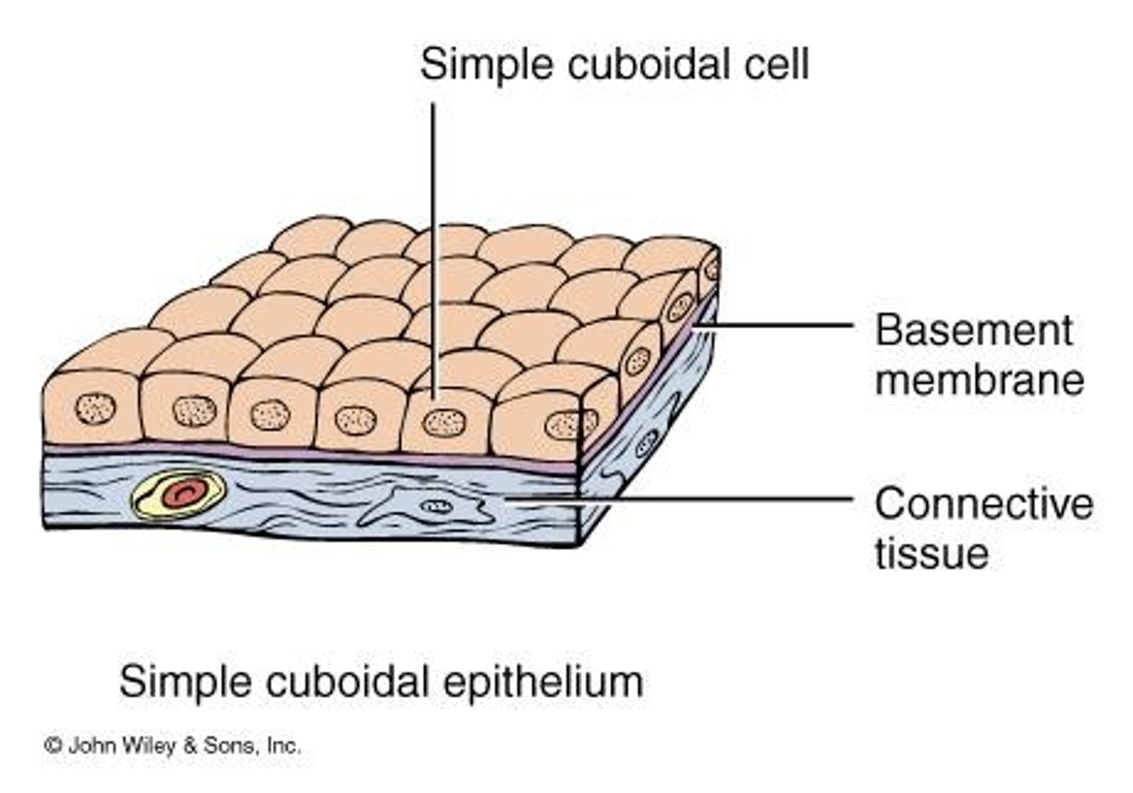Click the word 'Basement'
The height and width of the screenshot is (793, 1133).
pyautogui.click(x=973, y=330)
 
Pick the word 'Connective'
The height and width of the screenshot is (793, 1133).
pyautogui.click(x=984, y=503)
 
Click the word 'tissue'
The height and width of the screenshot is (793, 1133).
pyautogui.click(x=932, y=552)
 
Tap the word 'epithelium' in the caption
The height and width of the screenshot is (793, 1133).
pyautogui.click(x=543, y=681)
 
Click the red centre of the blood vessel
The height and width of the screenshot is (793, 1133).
pyautogui.click(x=183, y=495)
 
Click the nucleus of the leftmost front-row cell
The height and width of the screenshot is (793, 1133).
pyautogui.click(x=95, y=409)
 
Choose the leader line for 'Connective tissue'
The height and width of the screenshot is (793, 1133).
pyautogui.click(x=708, y=498)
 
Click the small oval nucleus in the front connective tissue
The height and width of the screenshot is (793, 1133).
pyautogui.click(x=433, y=507)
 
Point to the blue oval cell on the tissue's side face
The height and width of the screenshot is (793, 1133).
pyautogui.click(x=648, y=443)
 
